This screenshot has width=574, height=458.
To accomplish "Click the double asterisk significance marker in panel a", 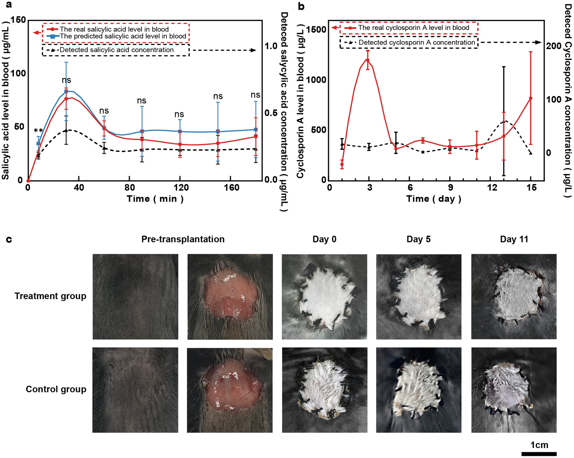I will (38, 131).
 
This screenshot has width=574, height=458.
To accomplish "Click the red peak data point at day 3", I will (368, 60).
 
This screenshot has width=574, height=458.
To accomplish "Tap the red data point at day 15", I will (531, 98).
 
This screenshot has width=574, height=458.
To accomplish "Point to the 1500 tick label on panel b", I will (316, 29).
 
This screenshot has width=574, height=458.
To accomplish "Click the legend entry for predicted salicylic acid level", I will (123, 36).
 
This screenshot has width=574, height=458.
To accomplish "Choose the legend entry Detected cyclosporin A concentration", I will (416, 43).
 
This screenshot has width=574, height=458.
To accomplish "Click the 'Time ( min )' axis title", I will (155, 199).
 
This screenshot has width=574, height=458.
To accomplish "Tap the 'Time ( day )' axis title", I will (434, 199).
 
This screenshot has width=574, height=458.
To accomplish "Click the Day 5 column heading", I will (418, 239).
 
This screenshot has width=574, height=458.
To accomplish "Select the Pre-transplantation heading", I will (183, 239).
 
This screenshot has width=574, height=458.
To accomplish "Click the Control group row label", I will (56, 389).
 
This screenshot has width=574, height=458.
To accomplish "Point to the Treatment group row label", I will (50, 296).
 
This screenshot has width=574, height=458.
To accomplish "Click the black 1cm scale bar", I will (539, 454).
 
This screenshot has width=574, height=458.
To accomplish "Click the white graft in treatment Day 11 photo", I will (516, 294).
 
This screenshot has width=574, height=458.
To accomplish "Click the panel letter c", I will (9, 239).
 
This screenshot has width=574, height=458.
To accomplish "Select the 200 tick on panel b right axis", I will (553, 46).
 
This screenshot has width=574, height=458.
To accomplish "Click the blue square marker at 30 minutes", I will (66, 91).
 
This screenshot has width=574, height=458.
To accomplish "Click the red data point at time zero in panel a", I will (28, 181).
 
